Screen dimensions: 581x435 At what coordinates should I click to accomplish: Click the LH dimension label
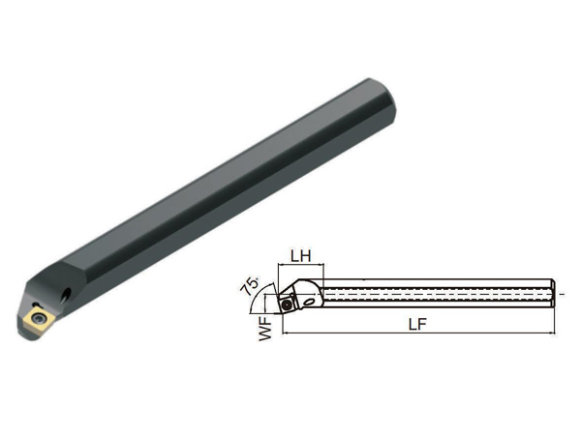point(300,255)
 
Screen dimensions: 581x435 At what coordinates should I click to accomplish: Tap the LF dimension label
point(417,325)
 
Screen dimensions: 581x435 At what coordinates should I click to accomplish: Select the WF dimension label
point(265,330)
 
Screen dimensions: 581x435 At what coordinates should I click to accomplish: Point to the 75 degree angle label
point(250,285)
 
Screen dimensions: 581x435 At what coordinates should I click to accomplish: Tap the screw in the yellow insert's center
point(38,317)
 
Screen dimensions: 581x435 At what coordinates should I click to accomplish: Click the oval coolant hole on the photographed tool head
point(66,294)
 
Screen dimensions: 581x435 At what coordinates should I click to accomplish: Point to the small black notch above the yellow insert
point(36,304)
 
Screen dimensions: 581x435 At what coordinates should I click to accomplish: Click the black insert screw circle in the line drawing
point(287,304)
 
